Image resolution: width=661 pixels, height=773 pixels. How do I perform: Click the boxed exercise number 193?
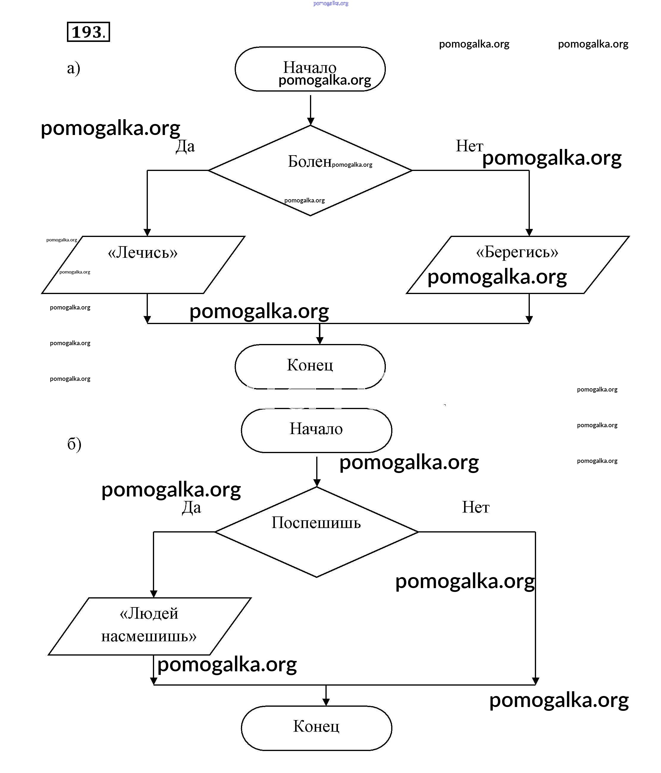[88, 32]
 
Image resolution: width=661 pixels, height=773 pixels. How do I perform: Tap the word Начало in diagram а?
[309, 67]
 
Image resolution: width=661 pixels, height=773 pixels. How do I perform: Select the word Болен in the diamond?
[309, 161]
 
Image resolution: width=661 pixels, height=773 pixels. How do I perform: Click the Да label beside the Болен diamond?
[185, 146]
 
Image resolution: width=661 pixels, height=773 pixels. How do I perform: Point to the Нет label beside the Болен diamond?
[469, 146]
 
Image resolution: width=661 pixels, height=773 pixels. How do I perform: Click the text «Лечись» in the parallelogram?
[142, 253]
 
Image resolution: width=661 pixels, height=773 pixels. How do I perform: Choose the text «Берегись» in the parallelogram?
[517, 252]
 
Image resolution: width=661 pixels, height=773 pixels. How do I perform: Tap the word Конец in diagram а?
[309, 365]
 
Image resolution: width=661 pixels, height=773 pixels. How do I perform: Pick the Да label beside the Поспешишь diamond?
[192, 508]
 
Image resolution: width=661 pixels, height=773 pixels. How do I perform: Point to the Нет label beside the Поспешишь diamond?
[475, 508]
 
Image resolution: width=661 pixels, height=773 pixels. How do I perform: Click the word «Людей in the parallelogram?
[149, 613]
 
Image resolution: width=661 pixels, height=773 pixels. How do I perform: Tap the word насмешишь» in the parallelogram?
[149, 636]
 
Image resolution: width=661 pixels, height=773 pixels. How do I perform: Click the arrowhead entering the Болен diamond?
[310, 121]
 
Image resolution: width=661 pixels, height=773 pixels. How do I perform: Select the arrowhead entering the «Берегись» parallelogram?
[529, 232]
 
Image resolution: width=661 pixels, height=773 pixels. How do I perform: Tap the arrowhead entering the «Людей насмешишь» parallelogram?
[153, 593]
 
